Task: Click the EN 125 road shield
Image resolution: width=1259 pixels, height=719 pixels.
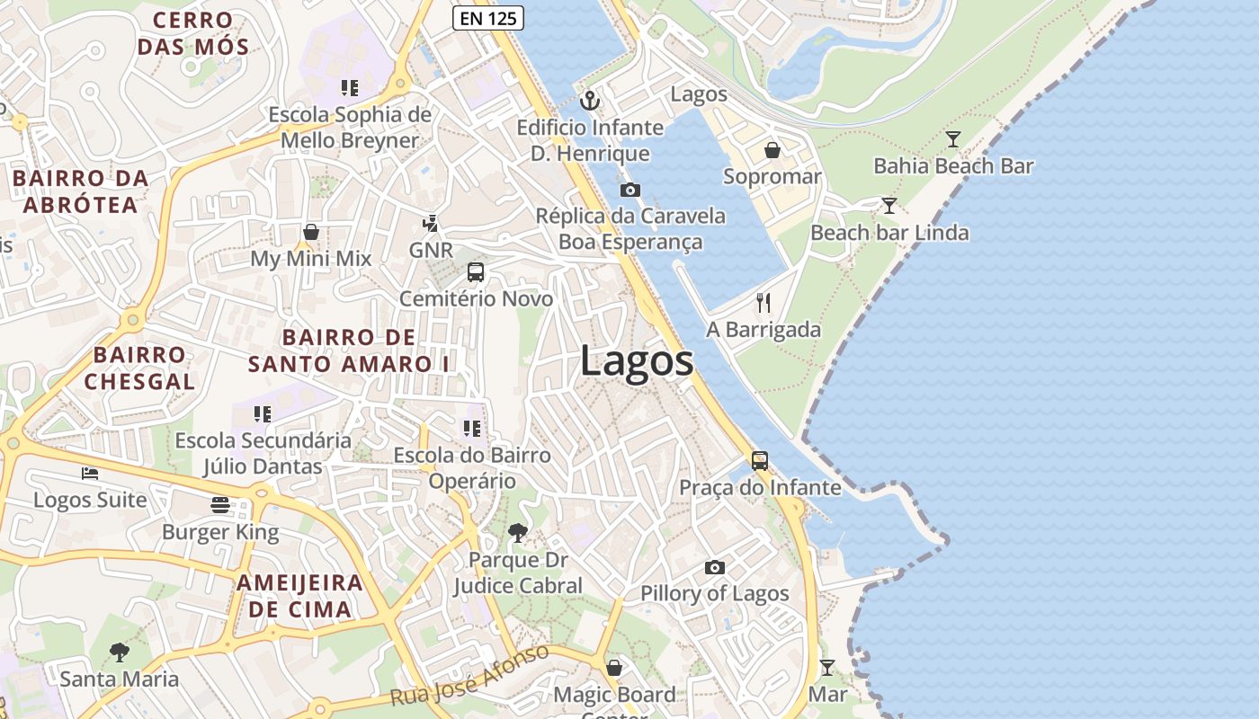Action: coord(487,17)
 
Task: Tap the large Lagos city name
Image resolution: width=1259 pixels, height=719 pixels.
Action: coord(637,361)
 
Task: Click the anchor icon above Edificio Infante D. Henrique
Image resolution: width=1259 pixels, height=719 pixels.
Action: coord(589,100)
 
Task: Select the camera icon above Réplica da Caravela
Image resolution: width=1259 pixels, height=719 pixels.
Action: coord(630,190)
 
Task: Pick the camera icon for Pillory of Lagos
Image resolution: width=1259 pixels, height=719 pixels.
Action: coord(715,567)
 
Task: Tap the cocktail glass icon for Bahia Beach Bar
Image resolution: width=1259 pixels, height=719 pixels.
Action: coord(953,139)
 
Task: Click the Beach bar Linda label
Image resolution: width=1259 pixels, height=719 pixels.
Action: coord(889,233)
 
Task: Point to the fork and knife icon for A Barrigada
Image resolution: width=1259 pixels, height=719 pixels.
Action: coord(763,302)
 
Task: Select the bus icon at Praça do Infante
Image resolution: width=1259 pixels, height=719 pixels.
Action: coord(760,461)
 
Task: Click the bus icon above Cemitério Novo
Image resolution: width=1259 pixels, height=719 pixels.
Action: coord(476,272)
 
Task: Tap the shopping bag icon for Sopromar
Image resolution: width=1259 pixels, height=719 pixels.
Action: coord(772,149)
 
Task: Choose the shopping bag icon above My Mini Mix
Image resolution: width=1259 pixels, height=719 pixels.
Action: coord(311,233)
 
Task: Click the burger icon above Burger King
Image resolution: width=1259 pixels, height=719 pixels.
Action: coord(220,505)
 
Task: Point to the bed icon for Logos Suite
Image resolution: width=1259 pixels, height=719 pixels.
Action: coord(90,473)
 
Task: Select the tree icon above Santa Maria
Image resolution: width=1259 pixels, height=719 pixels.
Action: coord(119,652)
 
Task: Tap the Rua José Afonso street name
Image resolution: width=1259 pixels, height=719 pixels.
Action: coord(469,676)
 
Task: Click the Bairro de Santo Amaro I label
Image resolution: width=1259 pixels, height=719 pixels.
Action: coord(349,351)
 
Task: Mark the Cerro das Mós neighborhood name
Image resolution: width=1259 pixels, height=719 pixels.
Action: coord(192,33)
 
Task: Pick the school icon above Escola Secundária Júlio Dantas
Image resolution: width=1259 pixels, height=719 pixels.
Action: coord(263,413)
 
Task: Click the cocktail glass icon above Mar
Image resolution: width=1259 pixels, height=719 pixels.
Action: coord(827,668)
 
